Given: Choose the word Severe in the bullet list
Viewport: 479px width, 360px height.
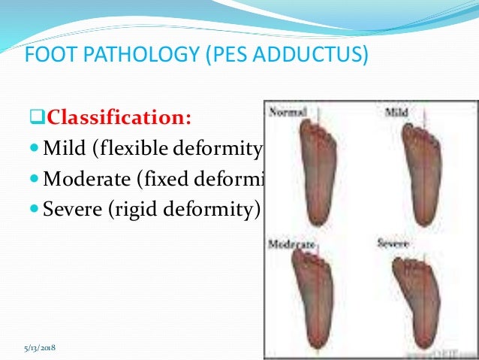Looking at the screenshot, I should (x=73, y=208).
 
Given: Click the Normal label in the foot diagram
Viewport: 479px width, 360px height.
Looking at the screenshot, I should (x=288, y=112).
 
